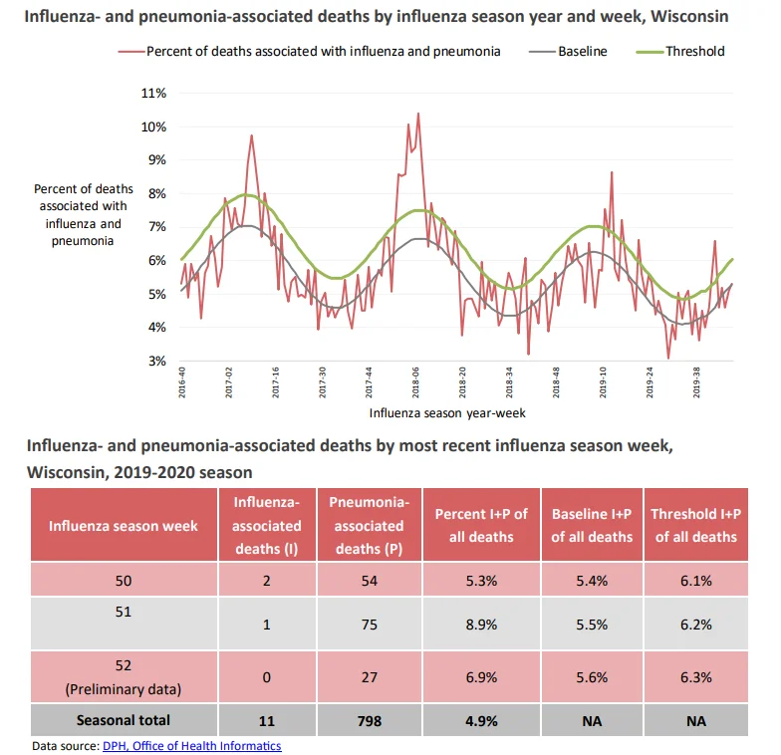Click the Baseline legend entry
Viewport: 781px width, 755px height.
pyautogui.click(x=568, y=52)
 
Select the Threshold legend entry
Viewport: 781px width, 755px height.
pyautogui.click(x=680, y=52)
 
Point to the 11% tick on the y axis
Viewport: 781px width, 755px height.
pyautogui.click(x=153, y=94)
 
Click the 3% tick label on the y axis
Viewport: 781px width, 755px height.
pyautogui.click(x=157, y=361)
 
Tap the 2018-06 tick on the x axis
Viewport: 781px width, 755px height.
pyautogui.click(x=415, y=382)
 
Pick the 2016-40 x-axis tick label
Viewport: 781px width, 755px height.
pyautogui.click(x=182, y=382)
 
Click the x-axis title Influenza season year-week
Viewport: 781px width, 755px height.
pyautogui.click(x=447, y=412)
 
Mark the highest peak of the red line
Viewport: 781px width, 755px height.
pyautogui.click(x=418, y=114)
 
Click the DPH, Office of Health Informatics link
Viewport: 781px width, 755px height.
pyautogui.click(x=191, y=745)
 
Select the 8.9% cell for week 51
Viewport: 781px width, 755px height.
pyautogui.click(x=481, y=625)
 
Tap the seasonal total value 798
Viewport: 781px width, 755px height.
pyautogui.click(x=369, y=721)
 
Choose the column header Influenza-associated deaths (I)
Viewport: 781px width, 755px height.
pyautogui.click(x=267, y=526)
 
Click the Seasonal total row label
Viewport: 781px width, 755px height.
pyautogui.click(x=124, y=720)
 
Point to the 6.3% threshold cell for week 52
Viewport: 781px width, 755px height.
pyautogui.click(x=695, y=677)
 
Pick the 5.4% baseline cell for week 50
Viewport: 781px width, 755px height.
pyautogui.click(x=592, y=581)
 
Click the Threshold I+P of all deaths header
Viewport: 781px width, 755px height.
pyautogui.click(x=695, y=526)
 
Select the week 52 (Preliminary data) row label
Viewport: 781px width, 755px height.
pyautogui.click(x=124, y=677)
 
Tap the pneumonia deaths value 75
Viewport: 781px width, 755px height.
pyautogui.click(x=369, y=625)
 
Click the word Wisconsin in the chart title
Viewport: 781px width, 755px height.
pyautogui.click(x=689, y=16)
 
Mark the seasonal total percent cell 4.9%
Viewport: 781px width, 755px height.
pyautogui.click(x=481, y=721)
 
